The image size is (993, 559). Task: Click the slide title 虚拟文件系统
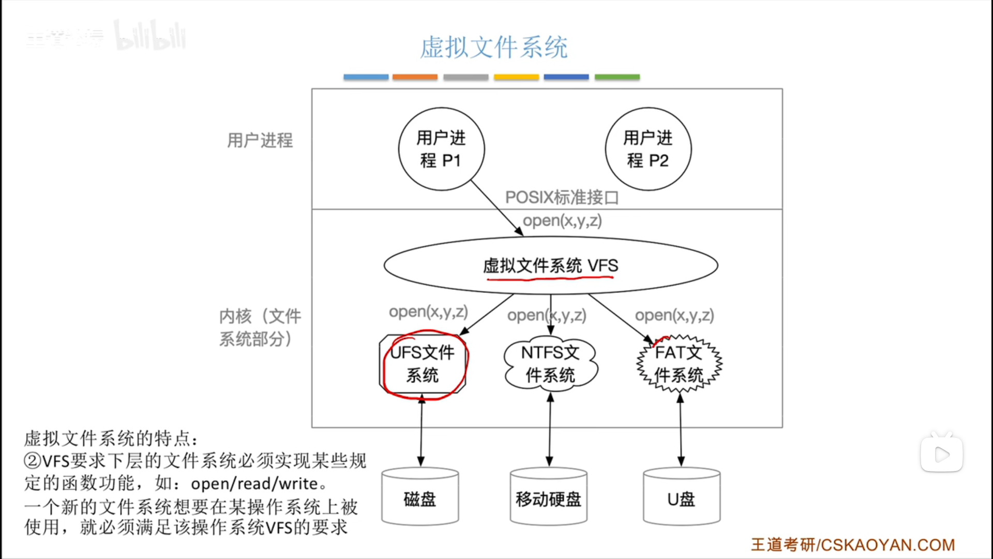[x=493, y=48]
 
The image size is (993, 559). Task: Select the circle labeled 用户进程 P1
[x=441, y=149]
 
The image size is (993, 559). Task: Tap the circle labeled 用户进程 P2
[x=648, y=149]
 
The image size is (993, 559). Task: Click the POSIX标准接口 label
[x=562, y=197]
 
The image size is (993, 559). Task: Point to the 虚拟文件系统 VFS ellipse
[x=550, y=266]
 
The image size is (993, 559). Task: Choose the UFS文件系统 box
[x=423, y=364]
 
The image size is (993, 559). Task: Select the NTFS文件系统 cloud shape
[x=550, y=364]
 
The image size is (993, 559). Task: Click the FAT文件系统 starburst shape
[x=679, y=364]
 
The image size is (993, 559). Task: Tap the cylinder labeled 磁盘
[x=420, y=498]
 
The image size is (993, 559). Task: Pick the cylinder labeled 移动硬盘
[x=548, y=498]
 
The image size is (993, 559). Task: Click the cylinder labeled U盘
[x=681, y=498]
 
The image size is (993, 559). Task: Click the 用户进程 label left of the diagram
[x=260, y=140]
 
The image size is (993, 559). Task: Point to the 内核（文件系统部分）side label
[x=260, y=327]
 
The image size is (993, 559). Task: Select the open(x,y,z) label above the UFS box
[x=428, y=312]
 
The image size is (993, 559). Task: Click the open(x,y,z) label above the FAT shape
[x=674, y=315]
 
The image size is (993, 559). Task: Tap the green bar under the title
[x=617, y=77]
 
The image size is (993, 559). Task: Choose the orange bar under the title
[x=415, y=77]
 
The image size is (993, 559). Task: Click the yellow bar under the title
[x=516, y=77]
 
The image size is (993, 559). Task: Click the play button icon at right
[x=941, y=454]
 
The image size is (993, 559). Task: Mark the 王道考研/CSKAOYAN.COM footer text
[x=853, y=545]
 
